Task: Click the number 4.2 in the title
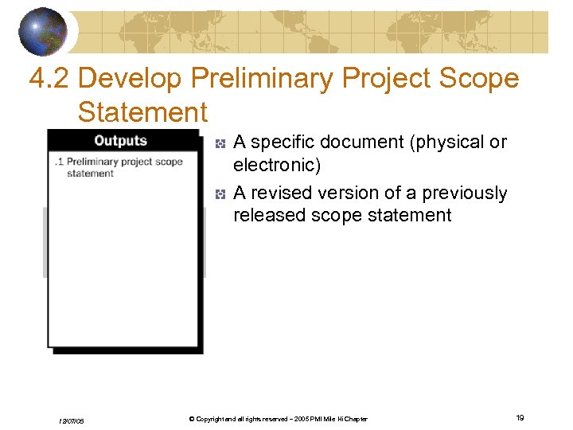[x=49, y=79]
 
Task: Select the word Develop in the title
[x=131, y=79]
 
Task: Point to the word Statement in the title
[x=142, y=112]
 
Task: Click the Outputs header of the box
[x=120, y=141]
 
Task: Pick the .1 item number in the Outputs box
[x=59, y=162]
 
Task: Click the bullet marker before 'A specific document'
[x=221, y=143]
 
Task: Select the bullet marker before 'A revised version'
[x=221, y=194]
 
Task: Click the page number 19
[x=519, y=418]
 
